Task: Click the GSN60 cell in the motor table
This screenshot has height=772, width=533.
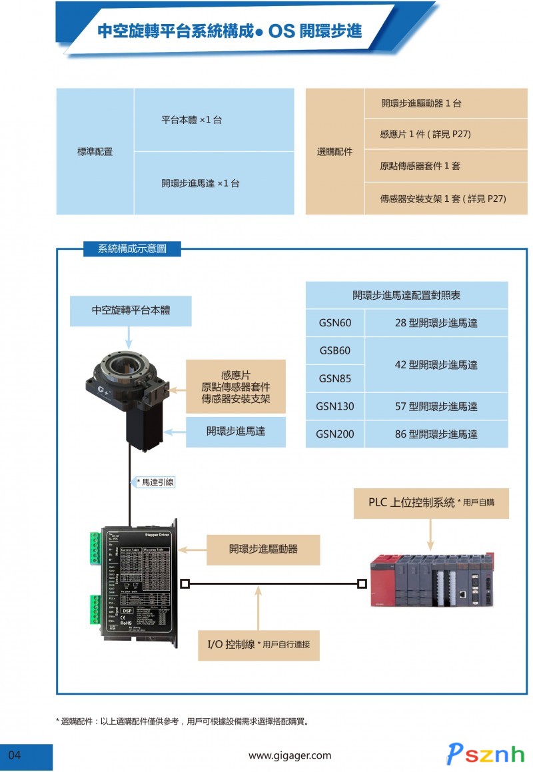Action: [335, 323]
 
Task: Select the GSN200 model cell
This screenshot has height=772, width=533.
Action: [335, 434]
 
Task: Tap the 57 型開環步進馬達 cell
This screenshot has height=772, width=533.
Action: [436, 406]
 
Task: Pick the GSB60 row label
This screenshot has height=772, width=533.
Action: [335, 351]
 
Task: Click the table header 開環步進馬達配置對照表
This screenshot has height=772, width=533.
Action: [406, 295]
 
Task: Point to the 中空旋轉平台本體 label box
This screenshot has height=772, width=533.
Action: [131, 310]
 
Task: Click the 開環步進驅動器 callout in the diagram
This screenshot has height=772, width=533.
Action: [263, 550]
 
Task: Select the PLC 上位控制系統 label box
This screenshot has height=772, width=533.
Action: [430, 502]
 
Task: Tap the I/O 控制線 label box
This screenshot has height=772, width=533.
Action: [259, 644]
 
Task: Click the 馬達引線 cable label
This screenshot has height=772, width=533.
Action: [155, 482]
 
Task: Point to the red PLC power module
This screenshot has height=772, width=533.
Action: [382, 579]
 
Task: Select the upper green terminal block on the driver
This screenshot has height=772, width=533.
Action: [93, 548]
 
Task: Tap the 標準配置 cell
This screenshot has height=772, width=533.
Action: [95, 152]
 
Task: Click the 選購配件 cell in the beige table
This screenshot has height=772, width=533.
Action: [334, 152]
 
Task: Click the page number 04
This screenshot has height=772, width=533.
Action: [15, 755]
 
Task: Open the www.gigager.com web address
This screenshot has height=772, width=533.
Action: [290, 755]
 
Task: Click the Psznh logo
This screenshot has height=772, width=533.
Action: [486, 753]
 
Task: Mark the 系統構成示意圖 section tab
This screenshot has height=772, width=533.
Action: [131, 249]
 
